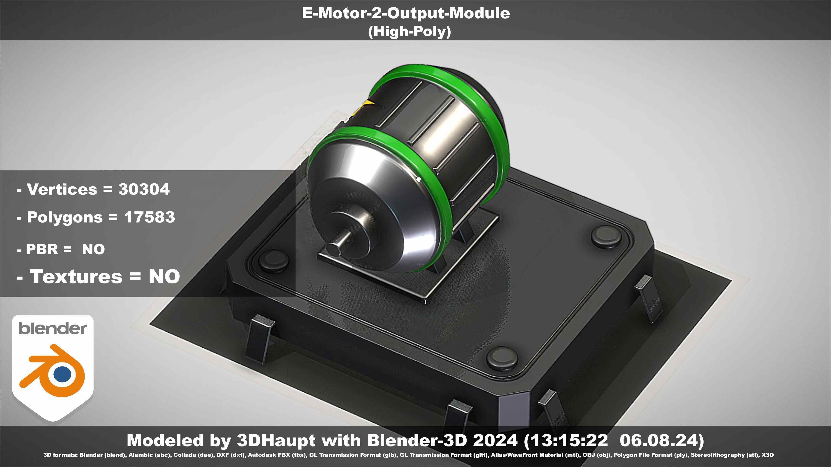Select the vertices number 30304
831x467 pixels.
(143, 189)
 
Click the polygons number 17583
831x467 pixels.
(149, 217)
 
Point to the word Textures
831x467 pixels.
(76, 277)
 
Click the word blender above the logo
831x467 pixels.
(53, 328)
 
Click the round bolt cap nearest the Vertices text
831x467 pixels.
(274, 260)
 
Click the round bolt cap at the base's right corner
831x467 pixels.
(606, 236)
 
